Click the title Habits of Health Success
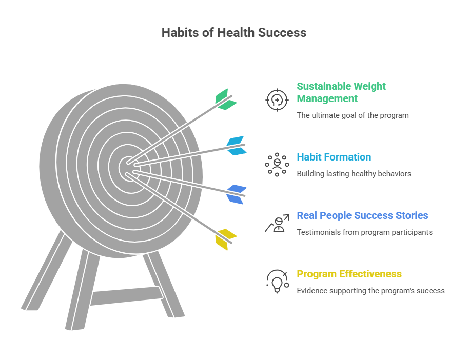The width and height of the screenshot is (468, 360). tap(233, 33)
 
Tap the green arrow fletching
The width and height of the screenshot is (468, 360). tap(225, 99)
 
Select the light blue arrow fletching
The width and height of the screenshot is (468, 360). tap(236, 145)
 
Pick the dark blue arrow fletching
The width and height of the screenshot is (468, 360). tap(237, 194)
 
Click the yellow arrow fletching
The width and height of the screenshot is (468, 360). tap(226, 238)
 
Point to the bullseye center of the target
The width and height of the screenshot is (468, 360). tap(127, 168)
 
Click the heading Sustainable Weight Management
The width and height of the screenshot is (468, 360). tap(341, 92)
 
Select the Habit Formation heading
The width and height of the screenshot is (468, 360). tap(334, 157)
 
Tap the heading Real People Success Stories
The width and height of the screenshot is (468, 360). tap(362, 215)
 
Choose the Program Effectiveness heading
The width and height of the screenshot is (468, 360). tap(349, 274)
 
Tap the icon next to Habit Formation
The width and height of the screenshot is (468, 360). tap(277, 165)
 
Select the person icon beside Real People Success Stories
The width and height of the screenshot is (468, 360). tap(277, 224)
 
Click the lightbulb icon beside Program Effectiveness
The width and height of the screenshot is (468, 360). tap(277, 282)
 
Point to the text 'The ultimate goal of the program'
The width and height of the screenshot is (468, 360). tap(353, 115)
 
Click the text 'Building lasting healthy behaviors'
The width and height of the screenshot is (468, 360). tap(354, 174)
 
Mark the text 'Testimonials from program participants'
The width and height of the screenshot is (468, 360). tap(364, 232)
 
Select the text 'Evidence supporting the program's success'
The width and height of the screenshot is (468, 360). tap(371, 291)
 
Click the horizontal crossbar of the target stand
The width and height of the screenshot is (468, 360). tap(126, 295)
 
